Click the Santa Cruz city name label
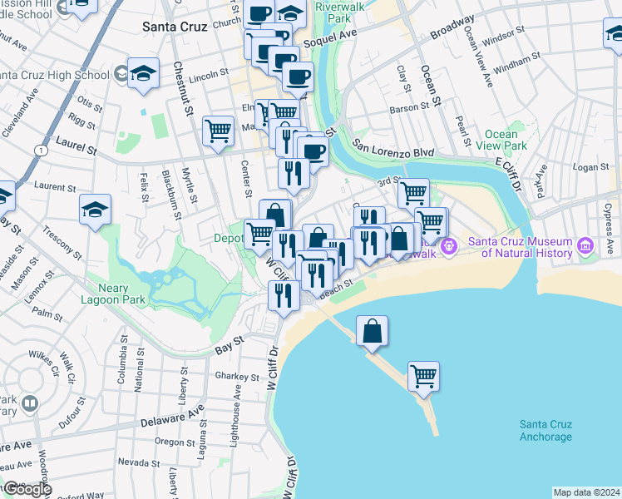[x=175, y=27]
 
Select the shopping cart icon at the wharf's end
[x=423, y=376]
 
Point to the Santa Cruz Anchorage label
[x=545, y=431]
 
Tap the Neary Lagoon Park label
[x=116, y=294]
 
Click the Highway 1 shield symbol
[x=40, y=149]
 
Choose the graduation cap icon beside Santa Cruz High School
[x=143, y=73]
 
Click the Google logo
[x=27, y=489]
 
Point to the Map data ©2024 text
[x=586, y=492]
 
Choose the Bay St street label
[x=229, y=341]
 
